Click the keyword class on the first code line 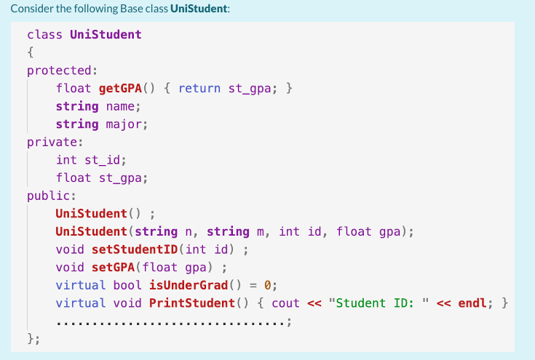click(44, 34)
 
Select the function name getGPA click(120, 88)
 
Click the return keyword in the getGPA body click(200, 88)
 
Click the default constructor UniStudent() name click(91, 213)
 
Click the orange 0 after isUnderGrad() click(267, 284)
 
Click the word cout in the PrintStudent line click(286, 302)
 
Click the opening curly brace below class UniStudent click(31, 52)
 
